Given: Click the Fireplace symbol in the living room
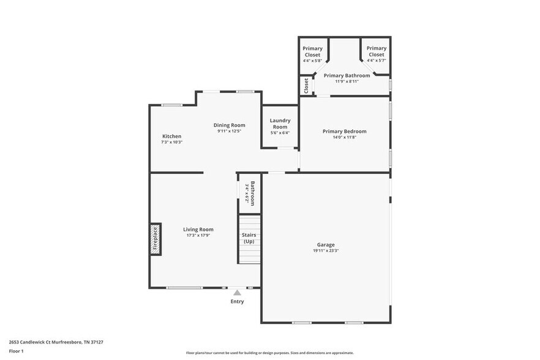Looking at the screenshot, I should pos(156,239).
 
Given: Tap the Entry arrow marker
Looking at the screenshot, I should pos(237,293).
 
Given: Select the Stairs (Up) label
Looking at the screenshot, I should pos(249,238).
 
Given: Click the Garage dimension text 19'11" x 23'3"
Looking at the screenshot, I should pos(326,250).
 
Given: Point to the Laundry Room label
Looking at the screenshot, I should pos(280,124).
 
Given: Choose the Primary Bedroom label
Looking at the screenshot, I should pos(345,131).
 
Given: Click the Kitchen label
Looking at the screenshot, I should pos(171,136).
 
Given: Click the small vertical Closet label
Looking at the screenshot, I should pos(306,85).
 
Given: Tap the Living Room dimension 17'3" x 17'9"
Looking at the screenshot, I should pos(198,235).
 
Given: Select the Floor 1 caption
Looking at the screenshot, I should pos(16,351).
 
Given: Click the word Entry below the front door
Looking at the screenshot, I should pos(237,301).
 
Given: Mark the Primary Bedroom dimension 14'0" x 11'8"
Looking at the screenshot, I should pos(345,137).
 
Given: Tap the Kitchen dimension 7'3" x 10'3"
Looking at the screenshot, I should pos(171,142).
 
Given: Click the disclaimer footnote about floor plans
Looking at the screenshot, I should pos(269,353).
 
